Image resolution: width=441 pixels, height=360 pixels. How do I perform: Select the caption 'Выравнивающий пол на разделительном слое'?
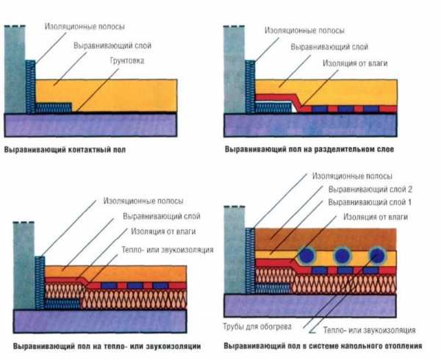click(x=309, y=150)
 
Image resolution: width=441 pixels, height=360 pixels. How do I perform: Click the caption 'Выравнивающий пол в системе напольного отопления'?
click(x=323, y=344)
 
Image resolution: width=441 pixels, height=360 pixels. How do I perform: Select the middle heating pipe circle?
click(x=342, y=256)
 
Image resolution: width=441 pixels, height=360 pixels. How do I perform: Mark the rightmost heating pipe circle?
click(x=379, y=256)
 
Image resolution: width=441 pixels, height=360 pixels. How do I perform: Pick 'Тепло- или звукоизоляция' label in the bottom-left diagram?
click(x=168, y=250)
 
